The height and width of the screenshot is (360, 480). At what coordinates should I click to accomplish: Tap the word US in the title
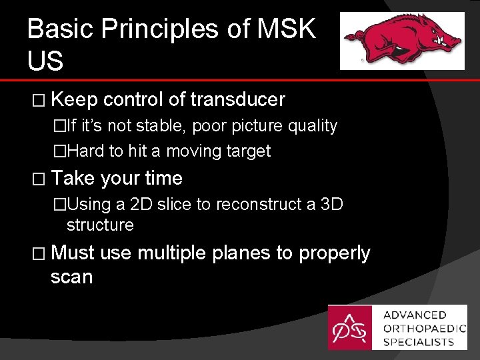[45, 61]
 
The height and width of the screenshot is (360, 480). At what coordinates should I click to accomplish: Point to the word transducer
[237, 100]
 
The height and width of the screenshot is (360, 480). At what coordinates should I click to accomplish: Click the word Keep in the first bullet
[74, 100]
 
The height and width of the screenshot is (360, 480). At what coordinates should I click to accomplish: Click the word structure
[100, 225]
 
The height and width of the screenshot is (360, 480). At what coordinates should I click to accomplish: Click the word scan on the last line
[71, 277]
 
